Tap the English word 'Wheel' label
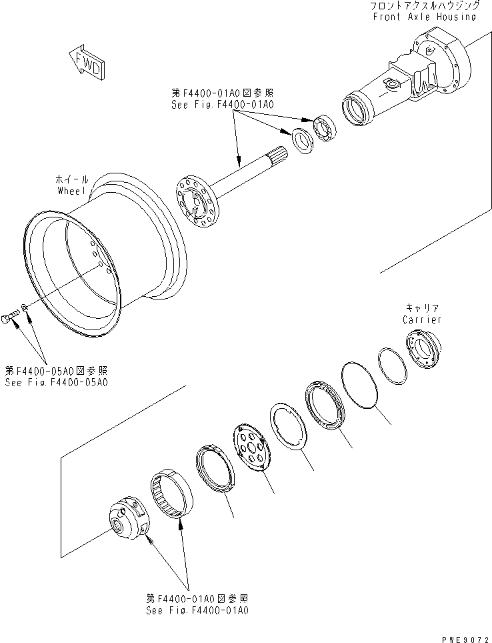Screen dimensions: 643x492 71,191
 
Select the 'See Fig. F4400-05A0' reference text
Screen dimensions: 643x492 57,382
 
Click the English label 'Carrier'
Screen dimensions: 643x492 421,319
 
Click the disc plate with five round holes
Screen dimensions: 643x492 254,446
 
